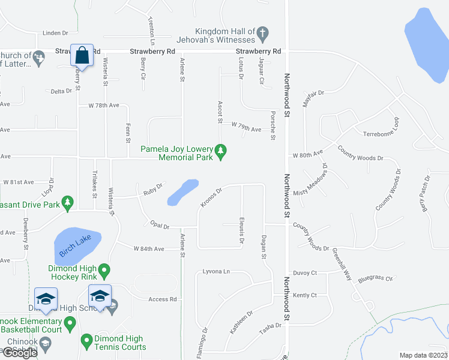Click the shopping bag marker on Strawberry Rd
tap(82, 56)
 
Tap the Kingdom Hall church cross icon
tap(263, 35)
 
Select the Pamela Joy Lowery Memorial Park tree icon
tap(221, 152)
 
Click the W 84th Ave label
tap(149, 248)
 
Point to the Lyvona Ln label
tap(217, 271)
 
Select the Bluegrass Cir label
tap(375, 278)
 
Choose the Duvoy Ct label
tap(305, 272)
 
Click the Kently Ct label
tap(305, 295)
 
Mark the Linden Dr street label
tap(56, 33)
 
